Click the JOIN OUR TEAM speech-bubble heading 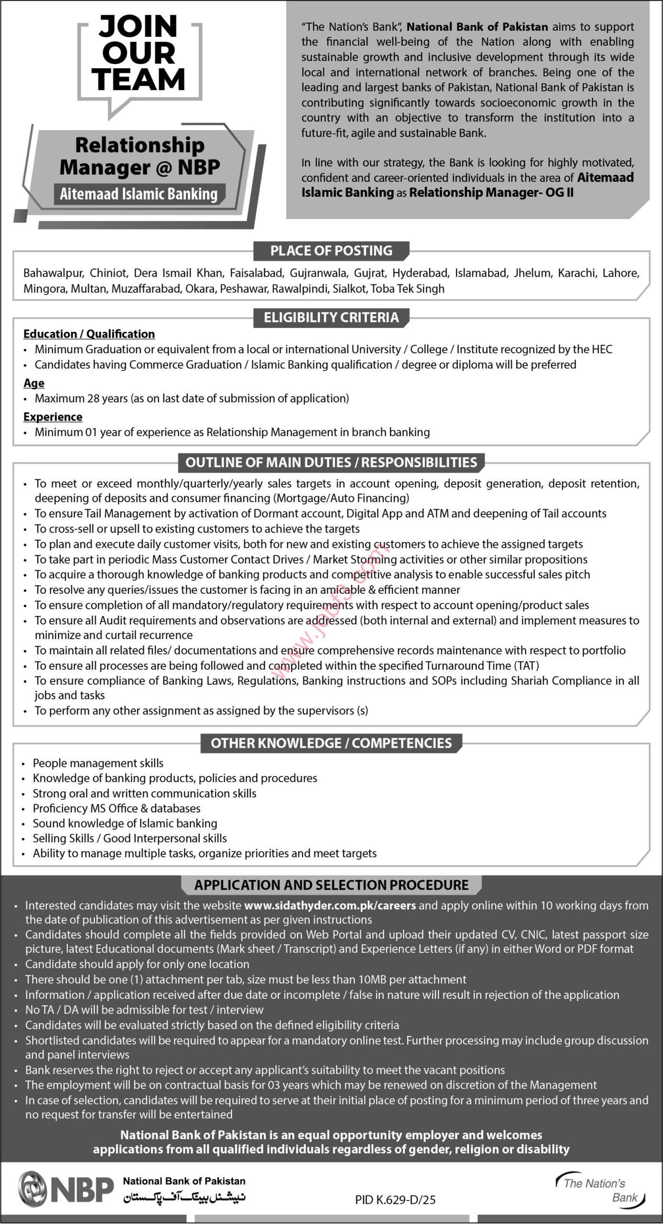139,53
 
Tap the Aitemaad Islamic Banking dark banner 139,194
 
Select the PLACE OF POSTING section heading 331,251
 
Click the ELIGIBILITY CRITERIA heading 331,317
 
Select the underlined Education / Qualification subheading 89,334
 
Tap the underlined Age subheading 34,383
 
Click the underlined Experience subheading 53,417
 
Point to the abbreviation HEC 602,350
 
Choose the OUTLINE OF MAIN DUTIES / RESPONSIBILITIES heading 331,462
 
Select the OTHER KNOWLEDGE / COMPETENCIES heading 331,743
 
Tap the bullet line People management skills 98,763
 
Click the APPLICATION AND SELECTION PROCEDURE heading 331,885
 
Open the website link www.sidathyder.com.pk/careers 330,906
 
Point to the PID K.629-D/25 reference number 395,1200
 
